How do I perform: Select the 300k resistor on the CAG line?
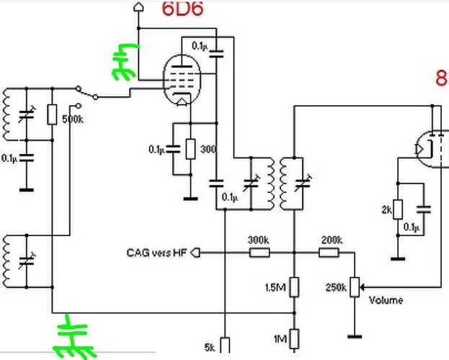point(259,253)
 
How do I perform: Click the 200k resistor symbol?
point(330,253)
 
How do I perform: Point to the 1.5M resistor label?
point(275,288)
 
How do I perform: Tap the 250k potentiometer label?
point(337,288)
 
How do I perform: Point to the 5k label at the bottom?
point(210,347)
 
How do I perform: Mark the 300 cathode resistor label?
point(209,149)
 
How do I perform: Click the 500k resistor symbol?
point(52,114)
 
